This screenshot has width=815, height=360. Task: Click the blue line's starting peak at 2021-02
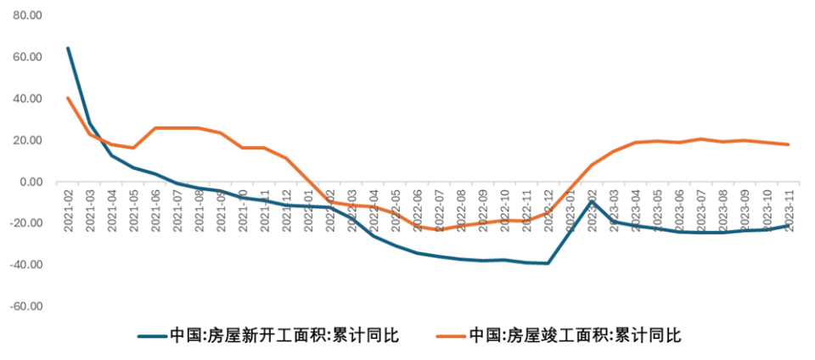tap(68, 48)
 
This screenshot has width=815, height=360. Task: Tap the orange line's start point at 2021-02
tap(68, 98)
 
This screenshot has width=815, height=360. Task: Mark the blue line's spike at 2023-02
tap(592, 201)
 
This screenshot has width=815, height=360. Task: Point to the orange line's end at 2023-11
tap(789, 144)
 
